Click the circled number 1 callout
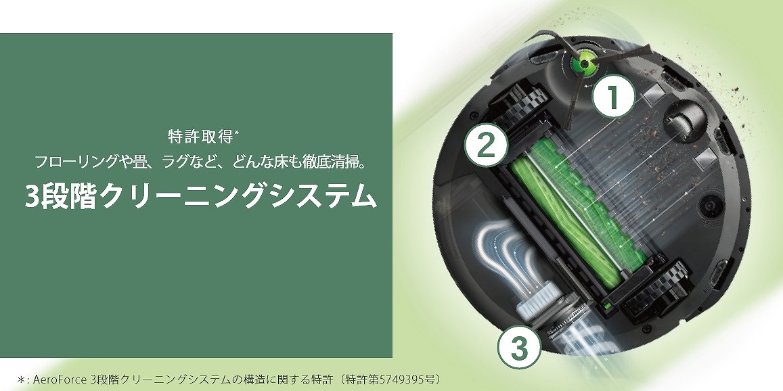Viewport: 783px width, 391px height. coord(613,95)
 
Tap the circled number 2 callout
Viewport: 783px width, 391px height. coord(486,145)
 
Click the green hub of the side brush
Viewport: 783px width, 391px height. coord(583,64)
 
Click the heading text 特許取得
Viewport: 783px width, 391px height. coord(200,137)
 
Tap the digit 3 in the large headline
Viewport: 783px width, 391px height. coord(32,196)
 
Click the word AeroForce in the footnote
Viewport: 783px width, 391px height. coord(61,379)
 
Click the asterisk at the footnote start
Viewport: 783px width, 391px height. coord(21,379)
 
